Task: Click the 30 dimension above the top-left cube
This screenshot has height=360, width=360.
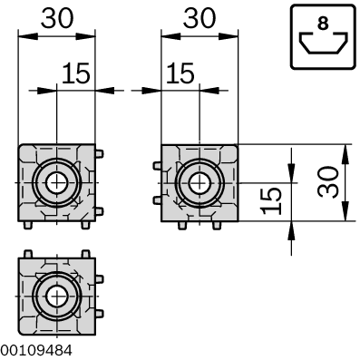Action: pyautogui.click(x=56, y=18)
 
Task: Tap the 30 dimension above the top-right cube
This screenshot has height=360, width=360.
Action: pyautogui.click(x=199, y=18)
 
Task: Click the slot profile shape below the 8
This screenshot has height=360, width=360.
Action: pyautogui.click(x=322, y=45)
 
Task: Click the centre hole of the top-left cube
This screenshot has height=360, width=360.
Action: pyautogui.click(x=56, y=182)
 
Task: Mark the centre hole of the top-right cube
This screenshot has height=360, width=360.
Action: pyautogui.click(x=199, y=182)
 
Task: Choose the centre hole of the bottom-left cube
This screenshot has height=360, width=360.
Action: pyautogui.click(x=56, y=297)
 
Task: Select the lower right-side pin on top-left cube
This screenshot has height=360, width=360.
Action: pyautogui.click(x=99, y=210)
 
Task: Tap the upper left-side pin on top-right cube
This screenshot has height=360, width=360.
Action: pyautogui.click(x=157, y=166)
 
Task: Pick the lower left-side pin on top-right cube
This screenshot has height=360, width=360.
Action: pyautogui.click(x=157, y=199)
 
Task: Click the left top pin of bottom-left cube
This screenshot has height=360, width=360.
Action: pyautogui.click(x=28, y=252)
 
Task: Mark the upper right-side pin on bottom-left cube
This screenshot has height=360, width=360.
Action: pyautogui.click(x=99, y=279)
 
